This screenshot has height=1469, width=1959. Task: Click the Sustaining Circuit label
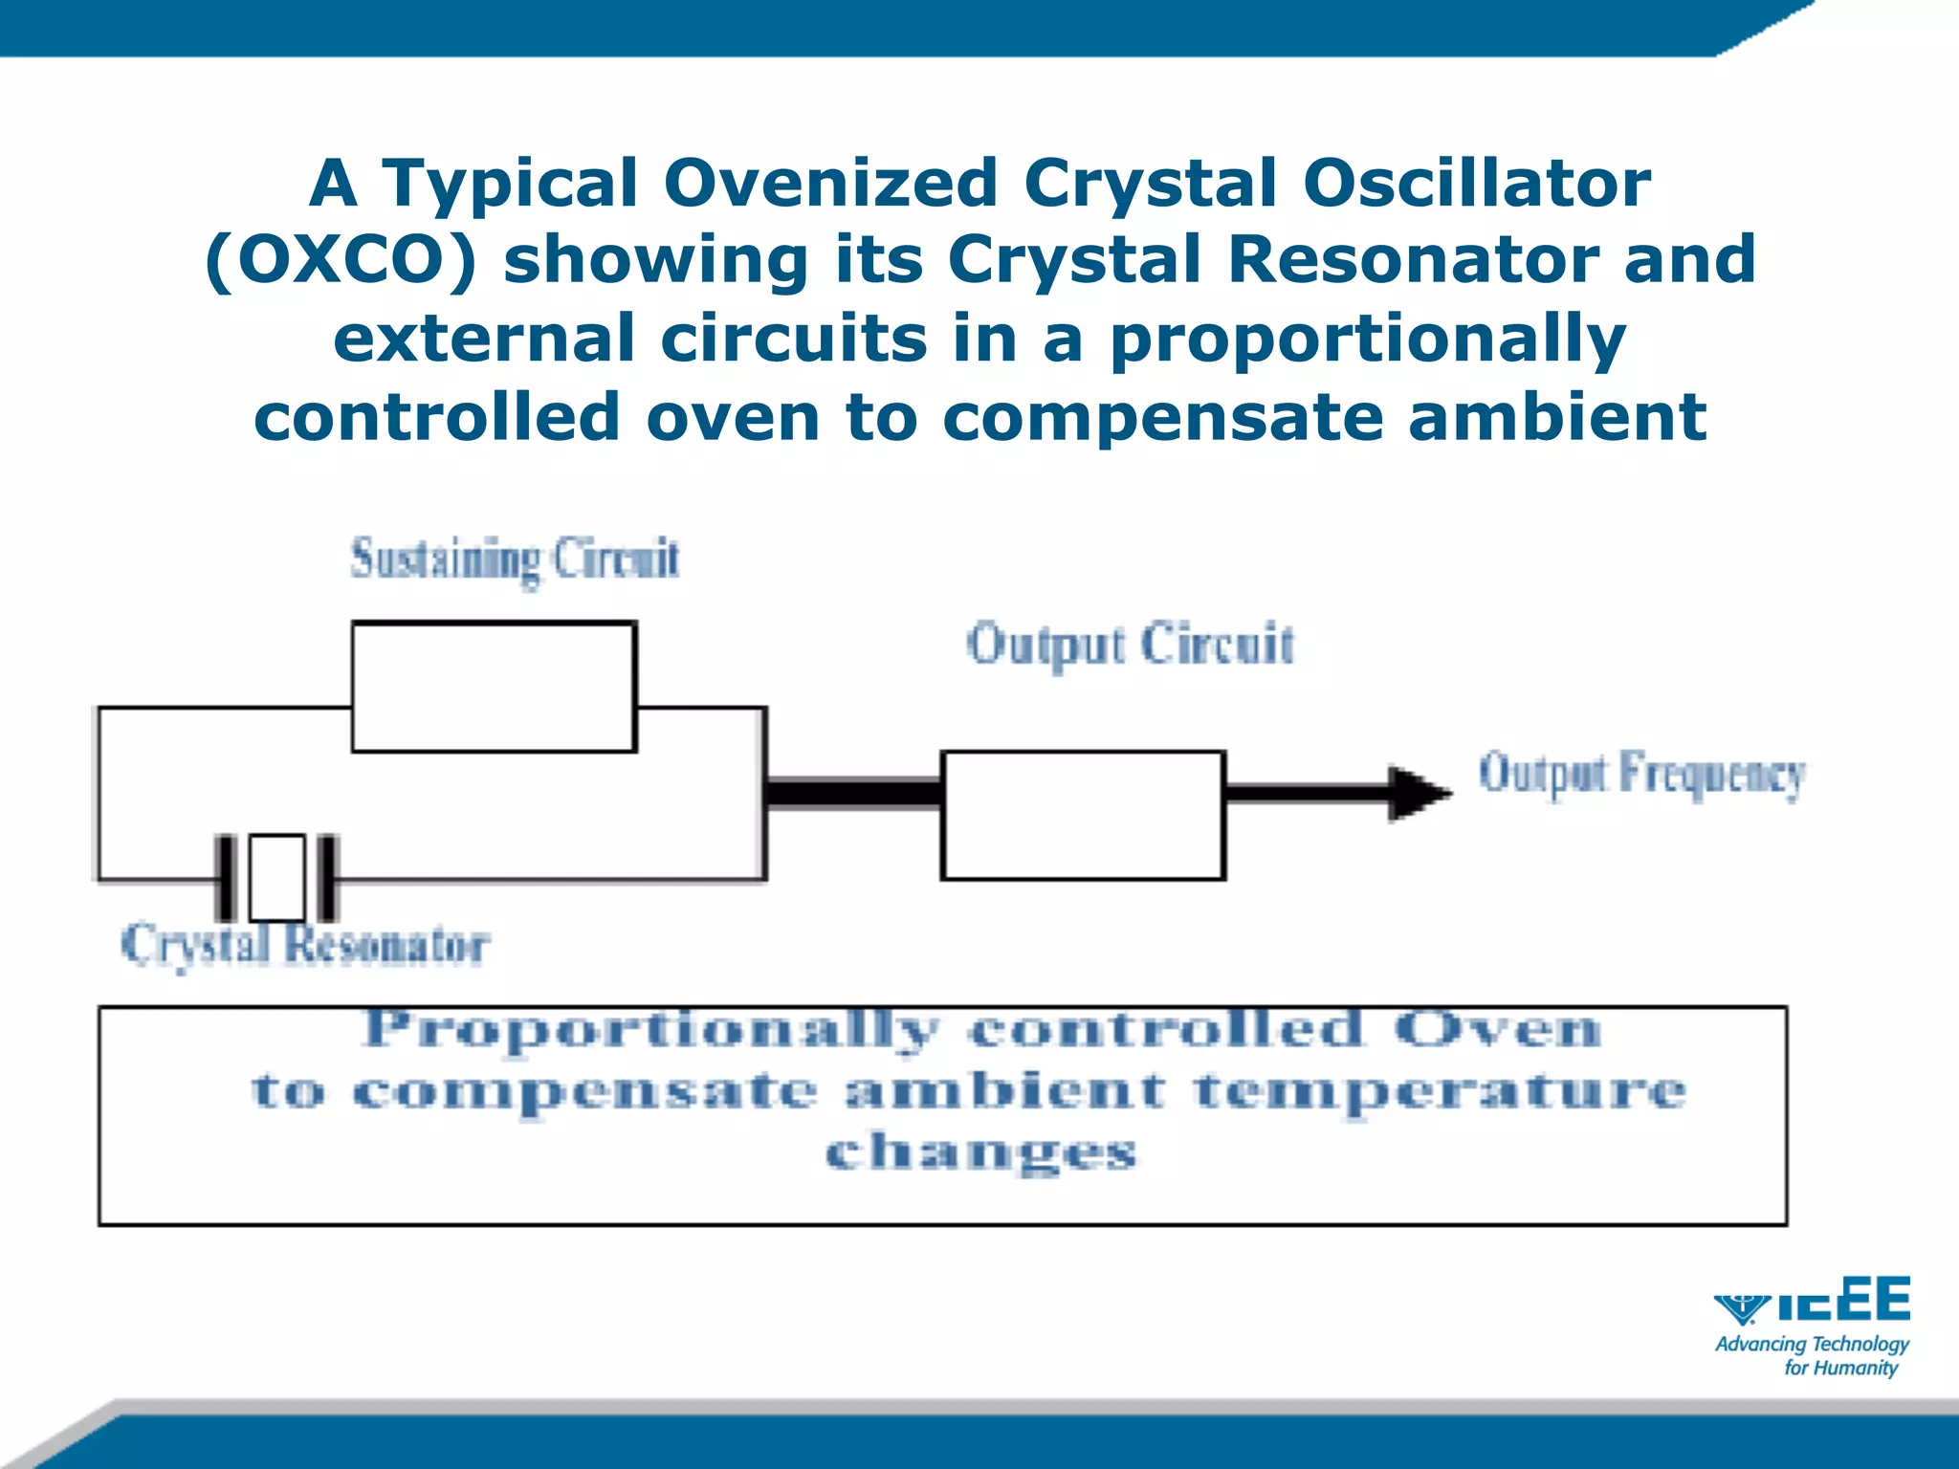tap(515, 559)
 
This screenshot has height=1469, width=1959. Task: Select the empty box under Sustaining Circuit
tap(494, 687)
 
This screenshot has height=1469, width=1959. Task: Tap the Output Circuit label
tap(1130, 645)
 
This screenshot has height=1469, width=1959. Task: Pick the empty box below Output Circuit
tap(1083, 816)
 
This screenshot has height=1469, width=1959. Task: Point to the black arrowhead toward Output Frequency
tap(1418, 793)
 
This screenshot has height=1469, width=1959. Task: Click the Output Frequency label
tap(1641, 774)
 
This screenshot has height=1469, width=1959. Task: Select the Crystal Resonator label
tap(305, 945)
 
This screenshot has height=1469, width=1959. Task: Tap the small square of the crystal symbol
tap(277, 877)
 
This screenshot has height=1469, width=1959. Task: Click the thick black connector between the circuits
tap(854, 793)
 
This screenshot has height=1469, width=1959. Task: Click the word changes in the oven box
tap(980, 1151)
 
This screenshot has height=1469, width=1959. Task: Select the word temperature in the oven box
tap(1440, 1091)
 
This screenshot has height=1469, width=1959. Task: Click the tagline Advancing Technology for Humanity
tap(1811, 1355)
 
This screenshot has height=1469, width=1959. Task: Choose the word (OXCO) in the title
tap(341, 260)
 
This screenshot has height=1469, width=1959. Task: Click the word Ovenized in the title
tap(830, 183)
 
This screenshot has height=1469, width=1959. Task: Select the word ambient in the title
tap(1556, 417)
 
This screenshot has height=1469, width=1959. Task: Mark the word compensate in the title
tap(1162, 417)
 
